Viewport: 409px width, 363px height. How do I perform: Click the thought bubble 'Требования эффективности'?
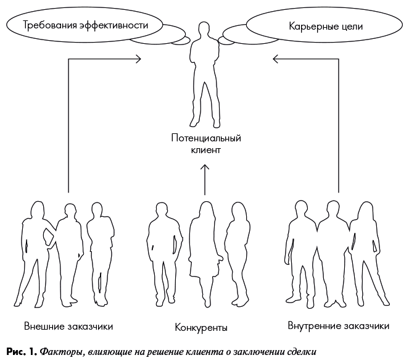coord(86,25)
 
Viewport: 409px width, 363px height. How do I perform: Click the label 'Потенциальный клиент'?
coord(205,143)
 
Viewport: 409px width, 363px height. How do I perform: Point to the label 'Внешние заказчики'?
coord(68,325)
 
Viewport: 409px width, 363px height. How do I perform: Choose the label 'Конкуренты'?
coord(201,327)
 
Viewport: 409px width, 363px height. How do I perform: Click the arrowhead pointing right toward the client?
coord(138,59)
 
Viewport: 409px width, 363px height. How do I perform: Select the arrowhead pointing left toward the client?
coord(275,59)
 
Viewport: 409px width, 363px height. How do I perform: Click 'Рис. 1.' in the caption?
coord(21,352)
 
